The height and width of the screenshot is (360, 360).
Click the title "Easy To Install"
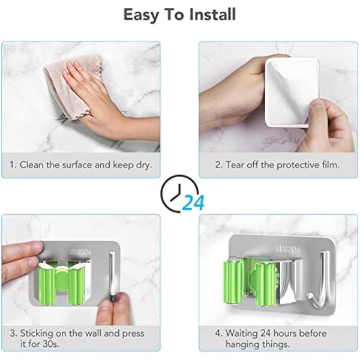point(179,14)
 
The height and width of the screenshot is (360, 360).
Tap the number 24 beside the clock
point(193,203)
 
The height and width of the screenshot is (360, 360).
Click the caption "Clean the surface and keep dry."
point(80,164)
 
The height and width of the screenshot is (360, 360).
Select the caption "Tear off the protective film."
point(279,164)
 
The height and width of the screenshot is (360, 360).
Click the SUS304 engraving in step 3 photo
point(80,253)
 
